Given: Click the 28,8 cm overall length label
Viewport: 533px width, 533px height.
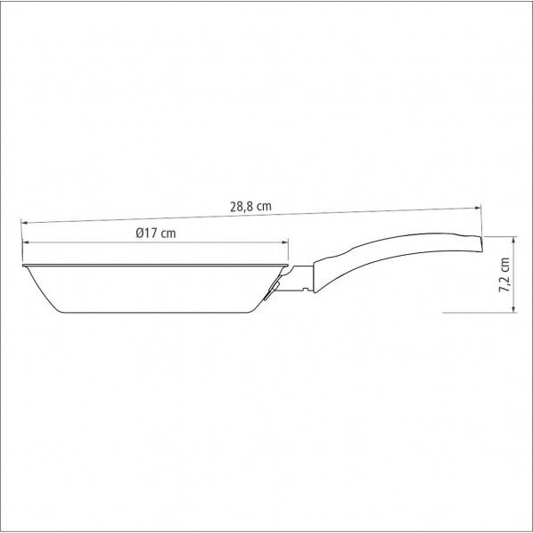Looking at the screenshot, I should click(x=250, y=206).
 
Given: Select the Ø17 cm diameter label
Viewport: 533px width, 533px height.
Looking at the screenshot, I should click(x=156, y=233).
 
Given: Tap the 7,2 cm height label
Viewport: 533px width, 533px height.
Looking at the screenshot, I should click(x=505, y=276).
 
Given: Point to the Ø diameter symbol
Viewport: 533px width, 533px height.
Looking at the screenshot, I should click(x=141, y=233).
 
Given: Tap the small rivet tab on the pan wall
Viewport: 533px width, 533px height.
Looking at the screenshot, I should click(x=268, y=300).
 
